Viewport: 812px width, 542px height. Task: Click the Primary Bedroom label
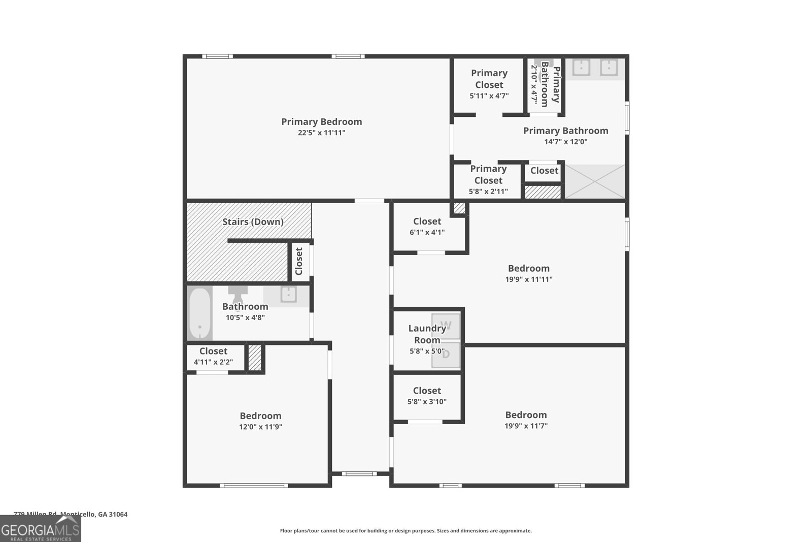click(x=321, y=122)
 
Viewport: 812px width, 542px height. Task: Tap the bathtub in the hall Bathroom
click(x=199, y=313)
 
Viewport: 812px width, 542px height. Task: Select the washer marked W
click(x=446, y=326)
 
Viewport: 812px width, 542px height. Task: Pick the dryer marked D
click(x=446, y=355)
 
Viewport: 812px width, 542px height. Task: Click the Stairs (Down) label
click(x=253, y=222)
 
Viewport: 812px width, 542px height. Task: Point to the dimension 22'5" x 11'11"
click(x=321, y=133)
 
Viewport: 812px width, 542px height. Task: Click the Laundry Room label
click(x=427, y=334)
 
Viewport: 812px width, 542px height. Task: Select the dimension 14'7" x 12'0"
click(x=565, y=142)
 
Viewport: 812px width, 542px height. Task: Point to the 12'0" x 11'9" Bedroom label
click(x=260, y=416)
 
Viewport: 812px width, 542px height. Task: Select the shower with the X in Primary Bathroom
click(x=595, y=181)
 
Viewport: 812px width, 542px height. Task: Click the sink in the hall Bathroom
click(x=288, y=295)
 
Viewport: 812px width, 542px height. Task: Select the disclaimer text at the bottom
click(x=405, y=531)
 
